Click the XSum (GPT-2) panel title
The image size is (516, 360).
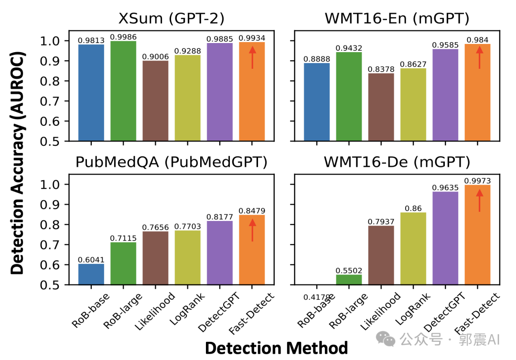172,19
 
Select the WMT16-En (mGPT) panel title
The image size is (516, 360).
396,19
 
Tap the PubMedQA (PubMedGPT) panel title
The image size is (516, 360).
172,163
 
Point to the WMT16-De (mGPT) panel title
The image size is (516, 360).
396,163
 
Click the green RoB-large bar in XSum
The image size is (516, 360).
123,91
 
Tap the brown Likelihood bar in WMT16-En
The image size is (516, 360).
381,108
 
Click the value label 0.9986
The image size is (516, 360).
123,37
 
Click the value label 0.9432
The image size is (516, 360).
349,48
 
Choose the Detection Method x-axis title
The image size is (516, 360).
276,348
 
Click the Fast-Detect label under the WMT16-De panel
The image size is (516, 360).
476,313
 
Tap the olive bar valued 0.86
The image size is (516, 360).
413,248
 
